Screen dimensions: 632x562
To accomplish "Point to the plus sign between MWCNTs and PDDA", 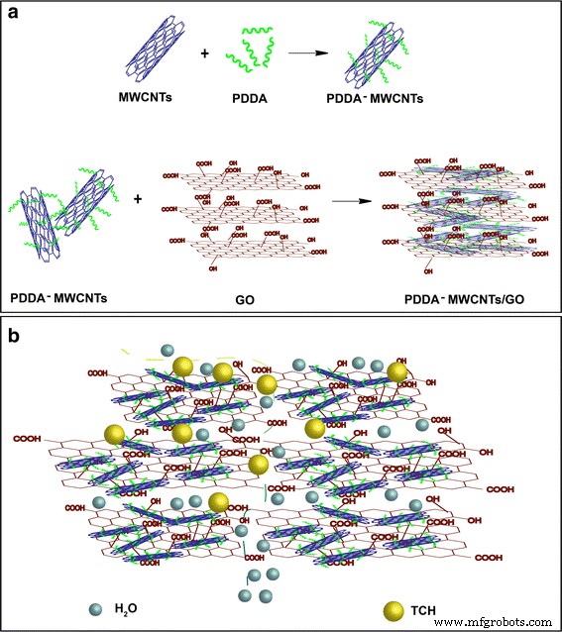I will pyautogui.click(x=205, y=52).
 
